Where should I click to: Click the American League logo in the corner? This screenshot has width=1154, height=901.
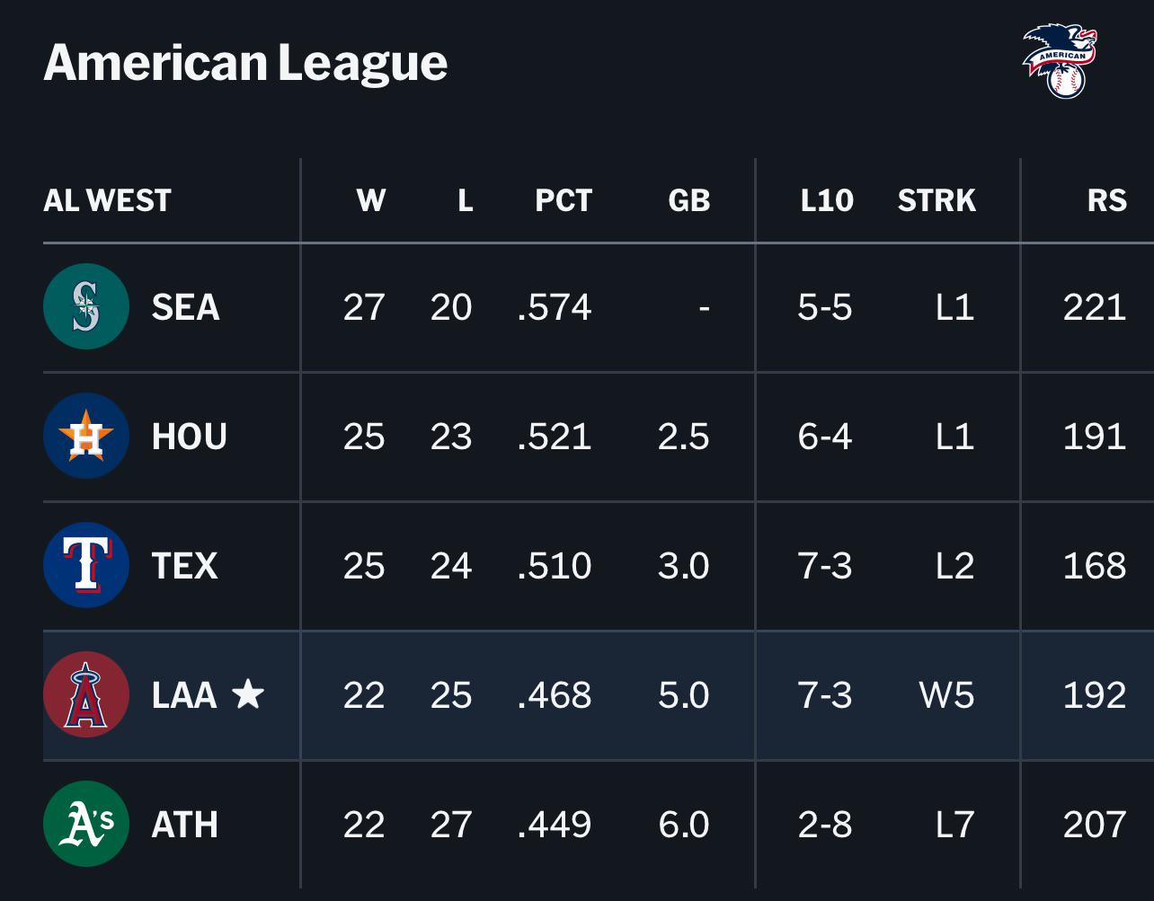[x=1060, y=61]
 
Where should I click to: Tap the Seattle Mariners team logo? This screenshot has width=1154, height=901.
[x=86, y=306]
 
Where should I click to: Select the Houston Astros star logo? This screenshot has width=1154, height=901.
[x=86, y=436]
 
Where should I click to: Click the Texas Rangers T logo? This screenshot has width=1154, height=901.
[x=86, y=565]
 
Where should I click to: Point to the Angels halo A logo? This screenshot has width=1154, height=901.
[x=86, y=694]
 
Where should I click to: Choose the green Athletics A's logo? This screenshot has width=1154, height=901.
[x=86, y=824]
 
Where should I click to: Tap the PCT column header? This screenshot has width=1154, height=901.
[x=564, y=200]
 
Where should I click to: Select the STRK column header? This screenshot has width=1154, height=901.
[x=937, y=200]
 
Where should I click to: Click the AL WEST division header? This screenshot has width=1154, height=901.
[x=107, y=200]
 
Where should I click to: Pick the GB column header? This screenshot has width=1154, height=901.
[x=688, y=200]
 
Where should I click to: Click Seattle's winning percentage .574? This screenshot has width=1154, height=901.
[x=555, y=306]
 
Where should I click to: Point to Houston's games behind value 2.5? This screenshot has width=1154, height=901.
[x=683, y=437]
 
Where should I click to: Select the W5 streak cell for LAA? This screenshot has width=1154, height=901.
[x=947, y=695]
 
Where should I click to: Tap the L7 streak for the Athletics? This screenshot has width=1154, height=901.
[x=954, y=825]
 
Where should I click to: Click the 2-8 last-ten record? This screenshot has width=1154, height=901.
[x=825, y=825]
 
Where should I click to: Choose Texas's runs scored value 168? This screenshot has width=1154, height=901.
[x=1095, y=566]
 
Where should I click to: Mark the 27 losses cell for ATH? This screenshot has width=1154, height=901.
[x=451, y=825]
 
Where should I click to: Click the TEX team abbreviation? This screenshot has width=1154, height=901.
[x=185, y=566]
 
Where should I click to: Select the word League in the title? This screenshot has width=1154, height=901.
[x=363, y=64]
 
